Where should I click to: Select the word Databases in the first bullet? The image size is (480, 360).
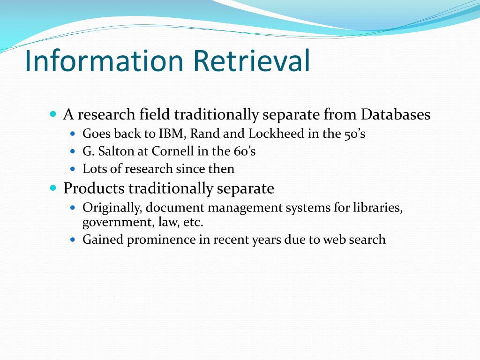click(x=396, y=114)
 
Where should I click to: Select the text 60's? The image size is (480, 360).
click(x=245, y=151)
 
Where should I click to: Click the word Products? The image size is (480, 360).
click(x=94, y=188)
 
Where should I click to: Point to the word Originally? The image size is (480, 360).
click(x=112, y=208)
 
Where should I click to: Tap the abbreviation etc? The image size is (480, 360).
click(x=193, y=222)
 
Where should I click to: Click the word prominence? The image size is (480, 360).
click(x=161, y=240)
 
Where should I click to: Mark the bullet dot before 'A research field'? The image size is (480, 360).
click(x=53, y=114)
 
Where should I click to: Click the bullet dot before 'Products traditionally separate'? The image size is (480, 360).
click(x=53, y=187)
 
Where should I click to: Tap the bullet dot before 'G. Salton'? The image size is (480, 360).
click(x=73, y=151)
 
